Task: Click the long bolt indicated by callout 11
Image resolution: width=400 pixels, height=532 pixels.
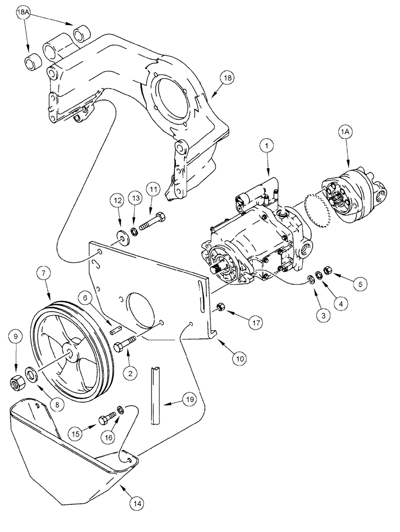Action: pyautogui.click(x=151, y=221)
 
